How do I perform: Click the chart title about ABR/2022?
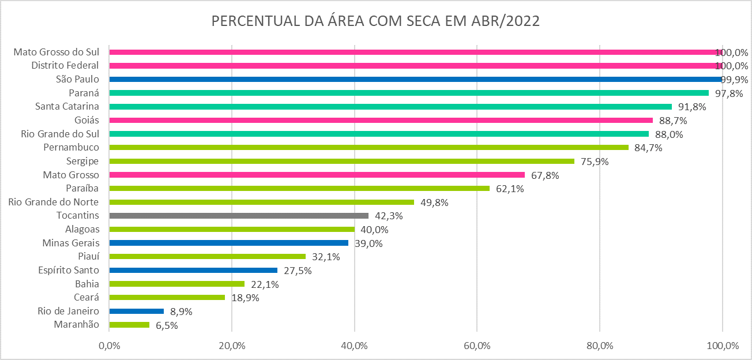click(x=375, y=21)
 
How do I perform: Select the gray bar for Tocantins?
click(x=239, y=216)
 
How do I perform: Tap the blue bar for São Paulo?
click(x=415, y=79)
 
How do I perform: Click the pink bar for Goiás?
click(x=381, y=120)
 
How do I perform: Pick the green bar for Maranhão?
click(x=129, y=325)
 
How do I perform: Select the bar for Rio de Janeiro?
click(x=136, y=311)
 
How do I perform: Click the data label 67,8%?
click(x=544, y=175)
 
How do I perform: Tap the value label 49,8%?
click(x=434, y=202)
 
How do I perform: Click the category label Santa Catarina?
click(x=67, y=106)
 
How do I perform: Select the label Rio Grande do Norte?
click(x=54, y=202)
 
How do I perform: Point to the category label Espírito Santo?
click(x=69, y=270)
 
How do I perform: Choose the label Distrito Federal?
click(x=65, y=65)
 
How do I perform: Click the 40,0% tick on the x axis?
click(x=354, y=346)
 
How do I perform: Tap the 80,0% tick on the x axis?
click(x=600, y=346)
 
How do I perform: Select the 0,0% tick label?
click(x=109, y=346)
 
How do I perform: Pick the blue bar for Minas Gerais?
click(x=228, y=243)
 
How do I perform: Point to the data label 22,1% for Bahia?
click(x=265, y=284)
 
